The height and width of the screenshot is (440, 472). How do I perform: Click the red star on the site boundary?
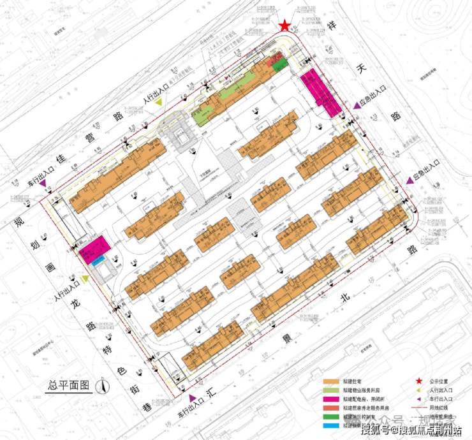click(x=284, y=26)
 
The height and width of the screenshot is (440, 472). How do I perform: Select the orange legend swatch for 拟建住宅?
click(x=331, y=380)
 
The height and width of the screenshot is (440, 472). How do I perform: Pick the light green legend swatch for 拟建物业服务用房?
click(x=331, y=389)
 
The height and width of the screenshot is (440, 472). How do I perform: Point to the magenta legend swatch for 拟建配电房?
click(x=331, y=398)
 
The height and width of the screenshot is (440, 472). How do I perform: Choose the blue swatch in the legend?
click(x=331, y=425)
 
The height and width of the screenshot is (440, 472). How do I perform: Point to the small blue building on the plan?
click(x=97, y=261)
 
